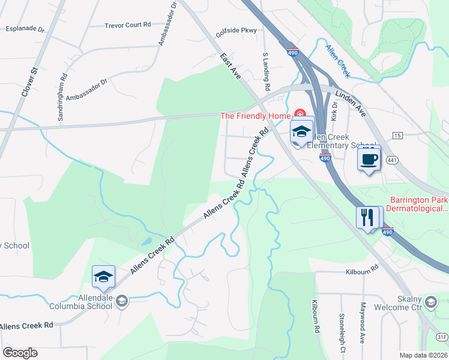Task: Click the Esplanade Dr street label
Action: point(25,28)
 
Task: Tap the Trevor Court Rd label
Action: point(128,26)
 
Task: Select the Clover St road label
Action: point(29,83)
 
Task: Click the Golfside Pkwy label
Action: point(237,31)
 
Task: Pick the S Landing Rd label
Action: point(265,71)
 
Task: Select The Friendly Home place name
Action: point(256,116)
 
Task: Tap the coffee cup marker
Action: point(369,160)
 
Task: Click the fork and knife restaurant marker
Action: point(367,217)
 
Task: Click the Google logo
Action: point(20,353)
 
